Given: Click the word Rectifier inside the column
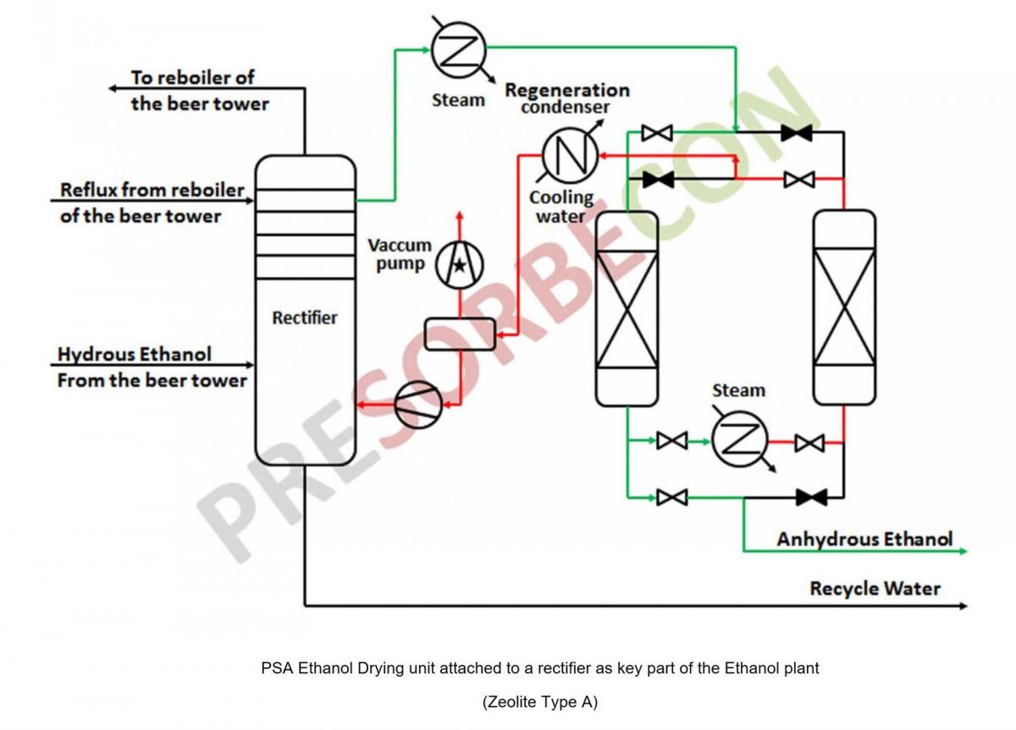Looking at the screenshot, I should tap(304, 318).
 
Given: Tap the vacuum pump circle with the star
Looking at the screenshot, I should tap(459, 265).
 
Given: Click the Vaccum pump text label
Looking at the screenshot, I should tap(400, 254).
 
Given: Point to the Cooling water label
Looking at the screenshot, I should tap(561, 207).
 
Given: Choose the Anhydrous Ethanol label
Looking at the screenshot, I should tap(864, 539).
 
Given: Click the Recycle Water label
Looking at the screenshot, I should tap(875, 588).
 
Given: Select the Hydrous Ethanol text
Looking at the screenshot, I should tap(135, 353).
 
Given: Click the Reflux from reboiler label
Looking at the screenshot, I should tap(152, 190).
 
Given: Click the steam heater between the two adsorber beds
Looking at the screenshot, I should tap(739, 440).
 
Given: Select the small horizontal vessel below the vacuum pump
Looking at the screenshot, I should tap(460, 334).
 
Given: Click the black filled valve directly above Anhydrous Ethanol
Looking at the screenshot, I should tap(811, 497).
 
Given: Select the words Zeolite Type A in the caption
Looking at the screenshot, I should tap(540, 702).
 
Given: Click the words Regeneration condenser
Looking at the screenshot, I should tap(566, 98).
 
